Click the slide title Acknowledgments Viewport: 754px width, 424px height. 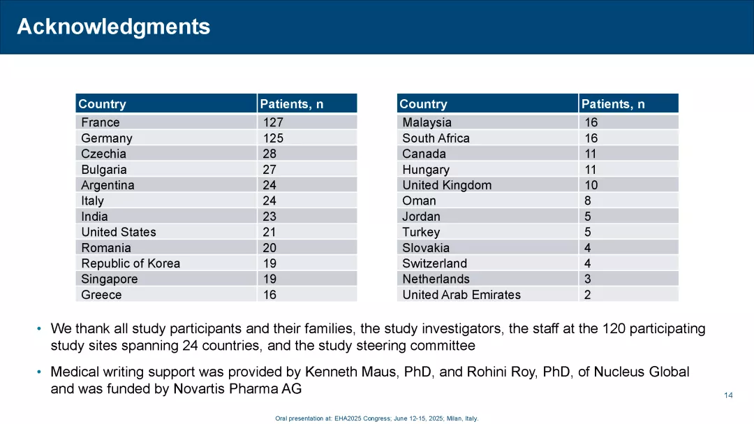(113, 27)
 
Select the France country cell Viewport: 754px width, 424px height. (101, 122)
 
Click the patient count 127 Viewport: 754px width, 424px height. (273, 122)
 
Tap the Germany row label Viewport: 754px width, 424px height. (106, 138)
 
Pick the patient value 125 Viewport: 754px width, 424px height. (273, 138)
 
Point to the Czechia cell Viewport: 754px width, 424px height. (103, 154)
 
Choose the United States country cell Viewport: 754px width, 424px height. (119, 232)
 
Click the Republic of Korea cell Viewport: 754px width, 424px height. (131, 263)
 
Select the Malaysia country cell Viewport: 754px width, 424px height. (427, 122)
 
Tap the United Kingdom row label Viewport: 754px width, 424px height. (447, 185)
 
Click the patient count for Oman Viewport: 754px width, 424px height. (588, 200)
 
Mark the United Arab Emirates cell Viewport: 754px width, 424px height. (461, 295)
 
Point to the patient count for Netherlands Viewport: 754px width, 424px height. (588, 279)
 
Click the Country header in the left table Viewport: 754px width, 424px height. (102, 104)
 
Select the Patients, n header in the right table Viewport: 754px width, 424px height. (613, 104)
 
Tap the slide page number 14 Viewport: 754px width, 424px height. (728, 395)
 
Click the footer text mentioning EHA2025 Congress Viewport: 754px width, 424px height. (377, 418)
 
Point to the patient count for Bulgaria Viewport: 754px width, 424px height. (269, 170)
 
